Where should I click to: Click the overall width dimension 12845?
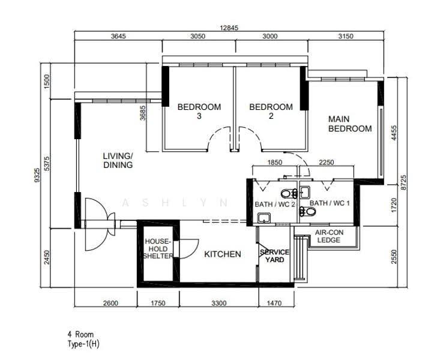click(x=229, y=28)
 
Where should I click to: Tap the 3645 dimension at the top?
click(x=118, y=36)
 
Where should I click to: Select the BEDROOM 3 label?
click(x=199, y=111)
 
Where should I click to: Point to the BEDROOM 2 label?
click(x=271, y=111)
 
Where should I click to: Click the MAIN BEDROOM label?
click(x=350, y=124)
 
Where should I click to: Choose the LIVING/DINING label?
click(x=118, y=160)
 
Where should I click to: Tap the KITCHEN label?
click(x=222, y=254)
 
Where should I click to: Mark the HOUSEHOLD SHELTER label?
click(x=158, y=248)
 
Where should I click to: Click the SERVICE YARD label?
click(x=274, y=256)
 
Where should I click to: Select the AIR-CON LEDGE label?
click(x=329, y=236)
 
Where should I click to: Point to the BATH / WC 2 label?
click(x=274, y=204)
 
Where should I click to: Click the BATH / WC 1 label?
click(x=330, y=203)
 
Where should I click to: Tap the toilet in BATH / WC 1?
click(x=307, y=211)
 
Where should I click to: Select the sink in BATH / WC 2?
click(x=264, y=218)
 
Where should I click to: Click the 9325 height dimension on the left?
click(x=37, y=175)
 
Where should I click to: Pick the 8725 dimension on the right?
click(x=403, y=182)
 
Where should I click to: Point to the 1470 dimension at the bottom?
click(x=274, y=302)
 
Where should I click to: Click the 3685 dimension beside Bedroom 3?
click(x=143, y=113)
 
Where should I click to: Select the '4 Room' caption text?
click(x=80, y=334)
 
